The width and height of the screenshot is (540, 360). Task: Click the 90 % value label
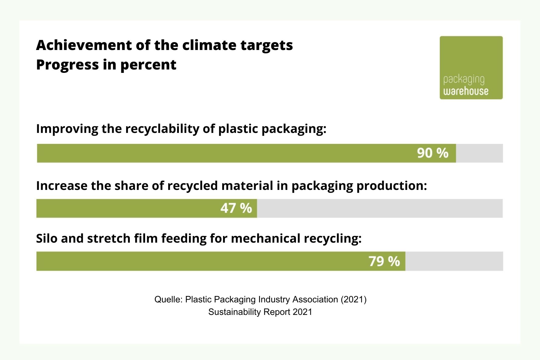[432, 153]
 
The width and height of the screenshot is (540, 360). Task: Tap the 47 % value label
[236, 208]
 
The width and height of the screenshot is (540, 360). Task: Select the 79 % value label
[384, 261]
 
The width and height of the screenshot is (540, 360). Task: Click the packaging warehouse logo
[471, 67]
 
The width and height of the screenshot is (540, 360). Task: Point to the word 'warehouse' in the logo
[466, 91]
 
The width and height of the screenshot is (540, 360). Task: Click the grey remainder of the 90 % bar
[479, 153]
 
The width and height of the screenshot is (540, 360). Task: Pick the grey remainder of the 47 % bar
[379, 208]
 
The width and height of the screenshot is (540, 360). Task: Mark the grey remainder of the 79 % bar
[454, 261]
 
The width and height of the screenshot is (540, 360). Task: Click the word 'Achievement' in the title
[84, 45]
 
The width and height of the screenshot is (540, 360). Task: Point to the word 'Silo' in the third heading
[47, 238]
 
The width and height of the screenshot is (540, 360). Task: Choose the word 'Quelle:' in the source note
[169, 299]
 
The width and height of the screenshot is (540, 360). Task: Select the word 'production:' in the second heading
[392, 186]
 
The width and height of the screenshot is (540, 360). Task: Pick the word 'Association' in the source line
[315, 299]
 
